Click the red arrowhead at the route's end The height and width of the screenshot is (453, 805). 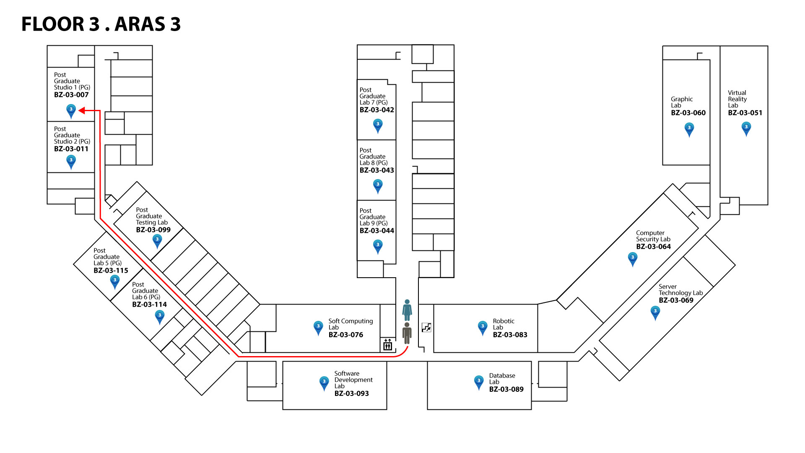click(x=82, y=111)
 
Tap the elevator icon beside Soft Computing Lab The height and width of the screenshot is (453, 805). click(x=387, y=345)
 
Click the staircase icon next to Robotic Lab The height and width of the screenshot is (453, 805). click(x=426, y=328)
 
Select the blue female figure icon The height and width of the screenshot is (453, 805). click(x=407, y=310)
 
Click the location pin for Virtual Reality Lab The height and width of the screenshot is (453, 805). click(x=746, y=128)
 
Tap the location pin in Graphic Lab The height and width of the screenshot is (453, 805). click(x=689, y=129)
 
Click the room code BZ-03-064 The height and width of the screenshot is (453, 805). click(x=653, y=247)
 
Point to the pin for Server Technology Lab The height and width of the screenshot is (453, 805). click(x=655, y=312)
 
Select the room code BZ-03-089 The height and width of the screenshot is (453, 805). click(x=506, y=389)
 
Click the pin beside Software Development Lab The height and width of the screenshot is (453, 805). click(x=324, y=383)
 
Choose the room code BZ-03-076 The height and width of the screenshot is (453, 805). click(x=345, y=335)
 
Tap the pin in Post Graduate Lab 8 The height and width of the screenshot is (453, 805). click(x=378, y=185)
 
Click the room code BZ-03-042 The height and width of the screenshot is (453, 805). click(x=377, y=110)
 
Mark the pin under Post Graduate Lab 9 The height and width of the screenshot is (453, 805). click(x=378, y=246)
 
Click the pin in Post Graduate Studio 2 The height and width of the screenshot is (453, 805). click(x=71, y=161)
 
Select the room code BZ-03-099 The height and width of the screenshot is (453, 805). click(x=153, y=230)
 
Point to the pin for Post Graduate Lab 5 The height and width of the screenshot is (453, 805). click(x=114, y=281)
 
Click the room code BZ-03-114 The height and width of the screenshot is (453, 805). click(x=149, y=305)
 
